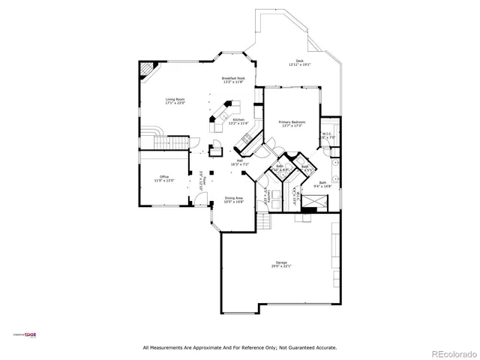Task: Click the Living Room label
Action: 175,99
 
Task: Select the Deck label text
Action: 299,61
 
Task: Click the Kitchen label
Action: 238,119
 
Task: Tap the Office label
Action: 163,177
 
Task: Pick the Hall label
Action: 240,159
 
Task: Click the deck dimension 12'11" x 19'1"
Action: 299,65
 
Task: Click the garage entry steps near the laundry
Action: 265,223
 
